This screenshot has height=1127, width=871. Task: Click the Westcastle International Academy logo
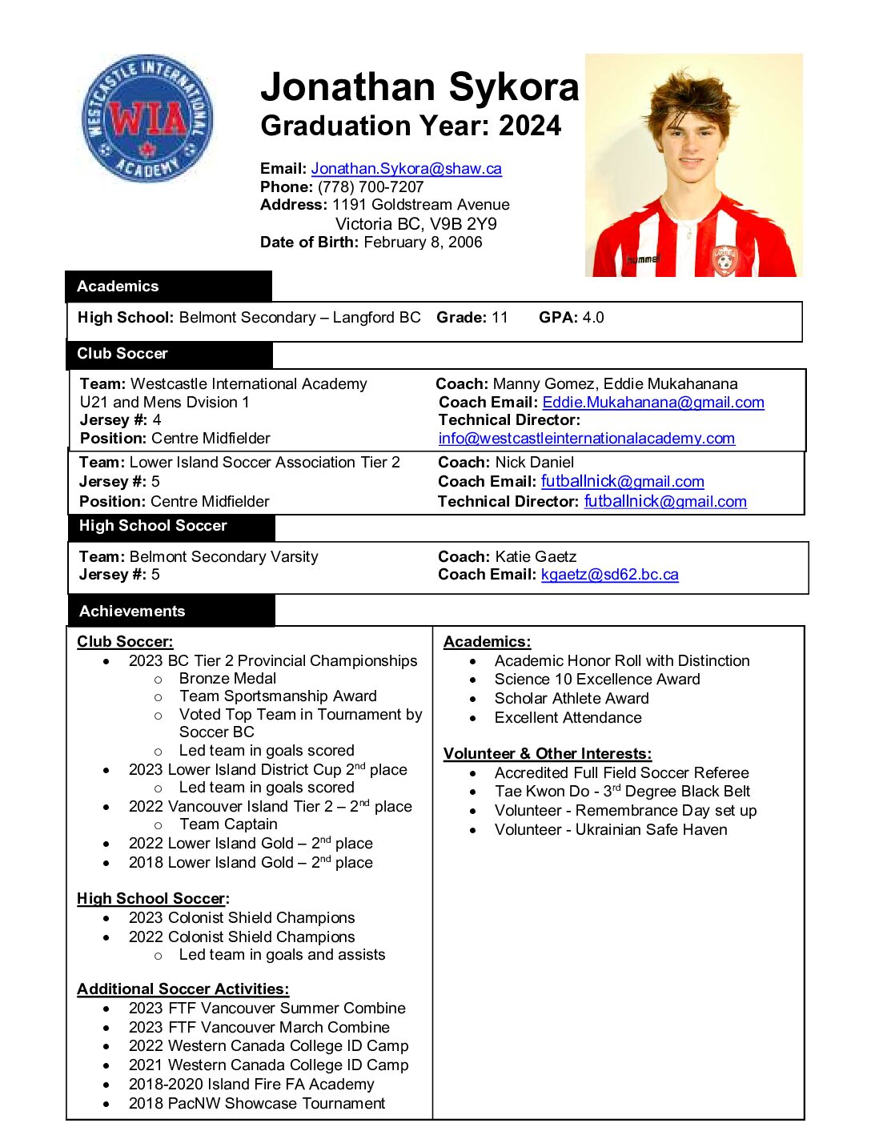[x=147, y=118]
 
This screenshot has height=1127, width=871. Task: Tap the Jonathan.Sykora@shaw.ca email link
[x=406, y=169]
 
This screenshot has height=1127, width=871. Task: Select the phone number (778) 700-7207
[x=371, y=187]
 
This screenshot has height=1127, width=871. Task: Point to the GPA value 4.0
[x=593, y=318]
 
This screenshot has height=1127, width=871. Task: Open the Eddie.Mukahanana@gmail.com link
[x=652, y=403]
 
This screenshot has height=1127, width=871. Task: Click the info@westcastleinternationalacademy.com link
[x=586, y=439]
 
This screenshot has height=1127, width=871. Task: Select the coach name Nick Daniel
[x=534, y=463]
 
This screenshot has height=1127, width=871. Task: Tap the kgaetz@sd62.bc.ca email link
[x=609, y=575]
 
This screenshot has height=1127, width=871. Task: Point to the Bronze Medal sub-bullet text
[x=227, y=679]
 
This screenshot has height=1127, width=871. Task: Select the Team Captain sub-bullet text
[x=228, y=824]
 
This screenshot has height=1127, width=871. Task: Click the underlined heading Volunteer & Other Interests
[x=547, y=754]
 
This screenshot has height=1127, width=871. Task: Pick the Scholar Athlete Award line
[x=571, y=699]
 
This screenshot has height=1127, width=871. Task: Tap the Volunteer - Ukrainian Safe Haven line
[x=610, y=830]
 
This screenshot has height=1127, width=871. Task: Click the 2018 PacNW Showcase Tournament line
[x=256, y=1104]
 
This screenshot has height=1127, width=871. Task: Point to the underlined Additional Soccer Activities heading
[x=183, y=989]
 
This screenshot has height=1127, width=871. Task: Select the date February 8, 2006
[x=423, y=243]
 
